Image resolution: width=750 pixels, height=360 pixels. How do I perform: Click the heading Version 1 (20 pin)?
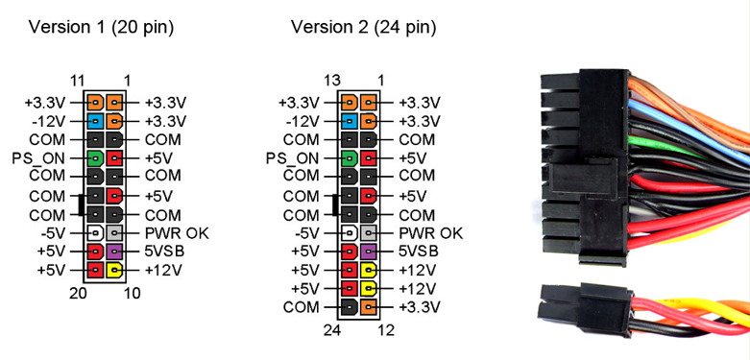pos(102,27)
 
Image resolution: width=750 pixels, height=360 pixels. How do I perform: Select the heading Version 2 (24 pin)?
pos(364,27)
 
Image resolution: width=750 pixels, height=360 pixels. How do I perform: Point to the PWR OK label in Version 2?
pos(431,232)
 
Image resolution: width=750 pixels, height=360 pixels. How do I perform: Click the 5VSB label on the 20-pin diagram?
pos(165,252)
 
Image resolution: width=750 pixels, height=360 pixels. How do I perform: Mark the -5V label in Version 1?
pos(54,232)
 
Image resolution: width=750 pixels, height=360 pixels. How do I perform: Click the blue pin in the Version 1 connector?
pos(95,121)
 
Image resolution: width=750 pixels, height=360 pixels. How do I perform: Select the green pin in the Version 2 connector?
pos(350,157)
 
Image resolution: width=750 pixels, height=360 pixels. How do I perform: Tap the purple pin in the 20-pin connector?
pos(115,252)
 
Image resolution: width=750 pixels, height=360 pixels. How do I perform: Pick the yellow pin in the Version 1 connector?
pos(115,270)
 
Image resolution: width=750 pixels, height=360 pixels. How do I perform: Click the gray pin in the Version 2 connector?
pos(370,232)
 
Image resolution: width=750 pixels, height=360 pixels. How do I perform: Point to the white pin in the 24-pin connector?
pos(350,232)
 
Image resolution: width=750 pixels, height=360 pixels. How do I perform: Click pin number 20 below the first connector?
pos(79,293)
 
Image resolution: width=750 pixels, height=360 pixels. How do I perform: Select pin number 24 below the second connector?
pos(333,330)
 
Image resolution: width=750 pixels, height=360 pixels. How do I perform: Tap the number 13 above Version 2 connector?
pos(333,81)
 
